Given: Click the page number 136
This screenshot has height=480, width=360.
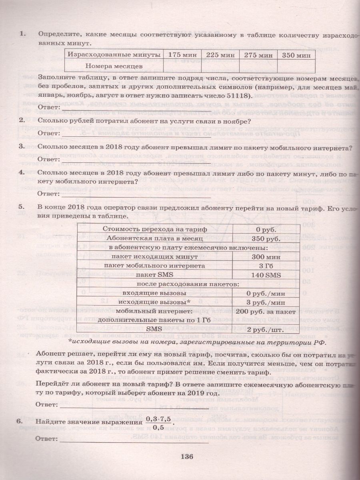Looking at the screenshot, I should pos(187,456).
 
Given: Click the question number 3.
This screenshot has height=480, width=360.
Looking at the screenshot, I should pos(22,148).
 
